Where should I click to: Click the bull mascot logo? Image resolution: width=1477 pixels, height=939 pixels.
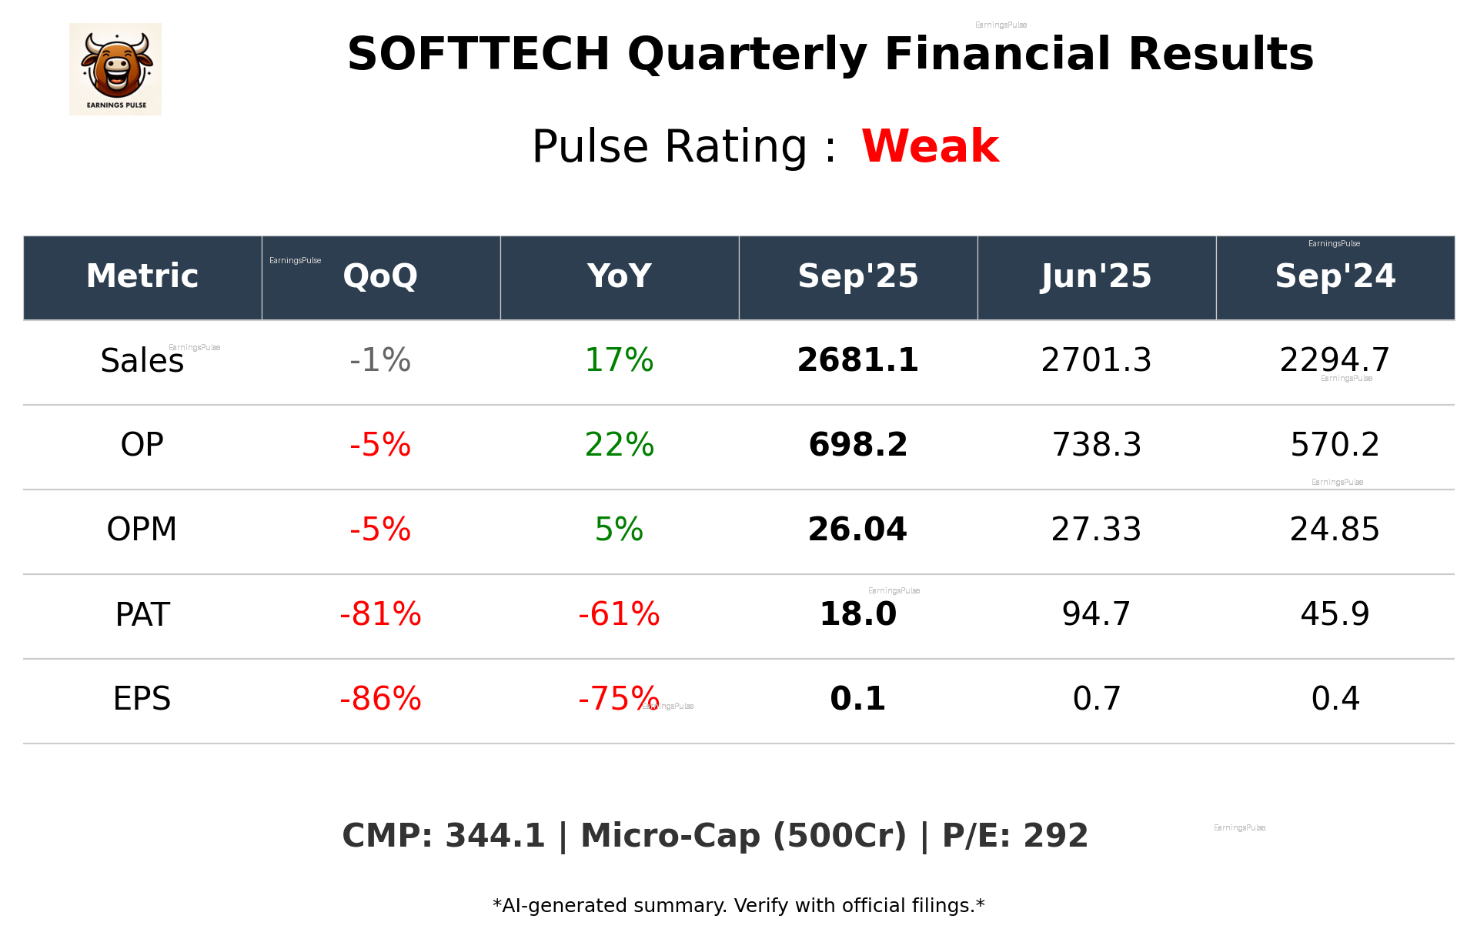115,69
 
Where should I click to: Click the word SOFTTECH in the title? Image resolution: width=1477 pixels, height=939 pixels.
478,55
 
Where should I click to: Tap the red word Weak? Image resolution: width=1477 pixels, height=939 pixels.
930,146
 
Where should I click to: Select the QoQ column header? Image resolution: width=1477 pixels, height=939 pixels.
380,276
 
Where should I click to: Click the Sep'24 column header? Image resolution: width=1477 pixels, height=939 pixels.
1335,276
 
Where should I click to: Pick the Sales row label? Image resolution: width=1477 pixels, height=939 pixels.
142,361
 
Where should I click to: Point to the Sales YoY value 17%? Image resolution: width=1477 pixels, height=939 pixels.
619,360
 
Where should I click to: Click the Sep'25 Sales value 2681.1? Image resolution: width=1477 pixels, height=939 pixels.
857,360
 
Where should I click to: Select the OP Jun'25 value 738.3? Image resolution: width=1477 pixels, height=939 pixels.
1096,445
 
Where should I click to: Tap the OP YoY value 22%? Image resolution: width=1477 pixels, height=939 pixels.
619,445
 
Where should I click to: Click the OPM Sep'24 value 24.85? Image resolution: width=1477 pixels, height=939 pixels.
1335,530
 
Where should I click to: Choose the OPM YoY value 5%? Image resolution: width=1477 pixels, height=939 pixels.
619,530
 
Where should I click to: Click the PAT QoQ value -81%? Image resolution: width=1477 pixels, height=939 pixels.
380,614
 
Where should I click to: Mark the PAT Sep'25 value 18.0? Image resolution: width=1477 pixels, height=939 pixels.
857,614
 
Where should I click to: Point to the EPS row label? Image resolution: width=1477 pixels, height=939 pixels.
142,699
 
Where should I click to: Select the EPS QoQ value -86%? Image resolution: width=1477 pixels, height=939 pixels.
380,699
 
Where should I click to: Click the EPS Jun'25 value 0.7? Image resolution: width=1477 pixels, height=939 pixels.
1096,699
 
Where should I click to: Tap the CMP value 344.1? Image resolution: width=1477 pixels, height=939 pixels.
494,837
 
